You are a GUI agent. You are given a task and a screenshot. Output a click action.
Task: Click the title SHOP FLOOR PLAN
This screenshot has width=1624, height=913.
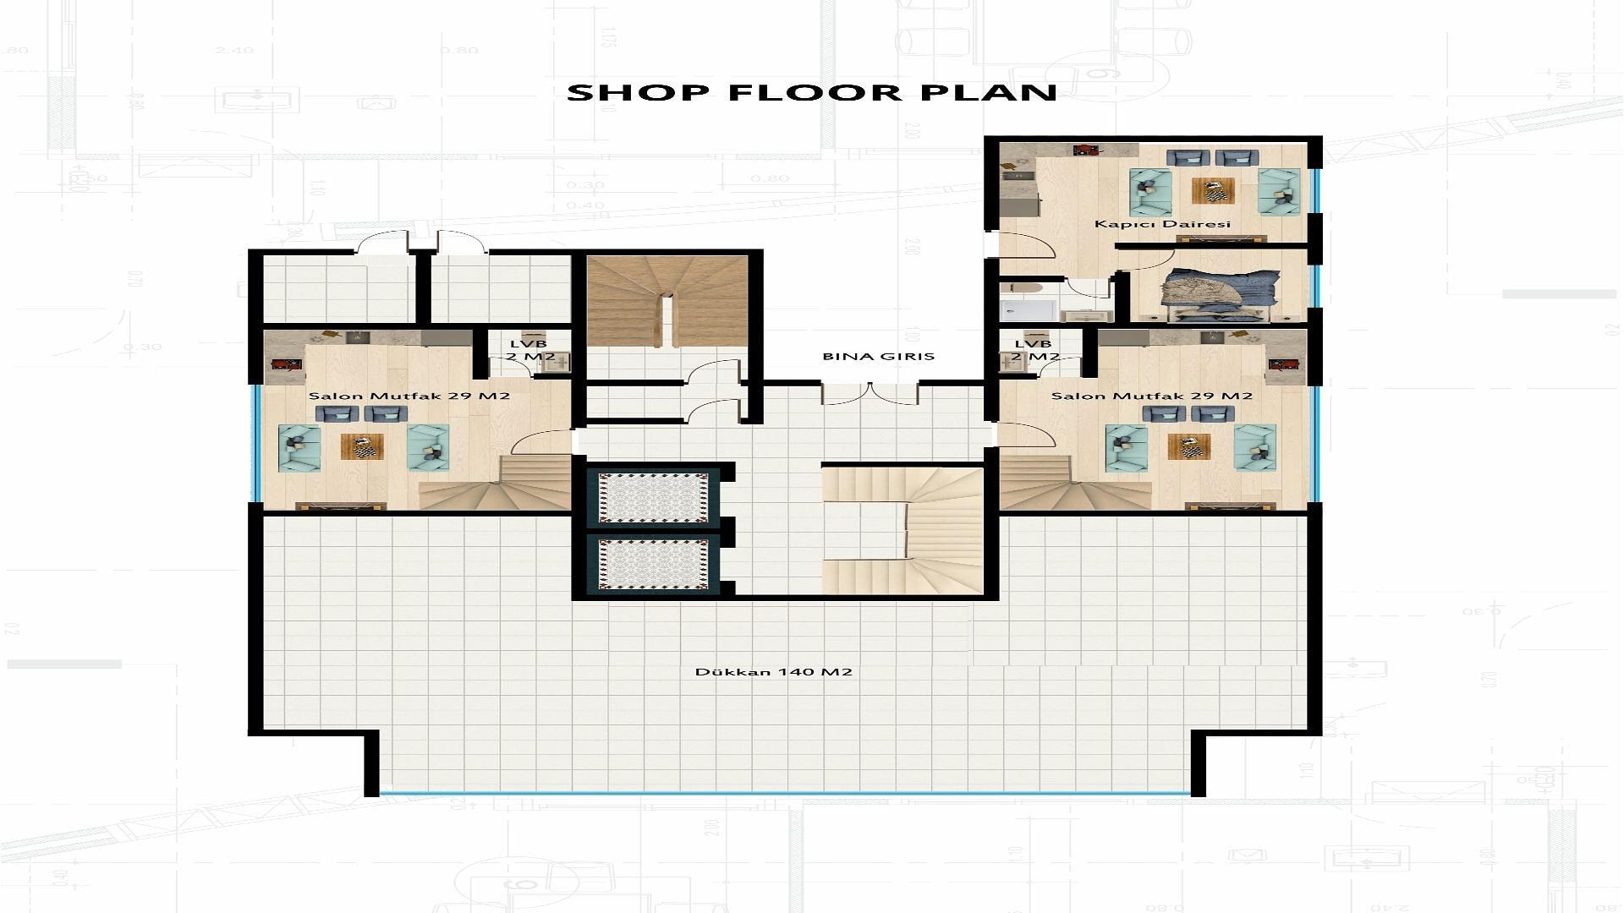click(812, 92)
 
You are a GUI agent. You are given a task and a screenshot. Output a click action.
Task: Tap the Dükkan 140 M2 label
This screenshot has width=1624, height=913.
click(773, 672)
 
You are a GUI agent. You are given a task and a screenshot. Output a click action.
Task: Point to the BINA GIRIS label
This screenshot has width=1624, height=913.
click(879, 357)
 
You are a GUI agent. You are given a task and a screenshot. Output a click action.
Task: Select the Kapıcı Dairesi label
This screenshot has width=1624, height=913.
click(1162, 224)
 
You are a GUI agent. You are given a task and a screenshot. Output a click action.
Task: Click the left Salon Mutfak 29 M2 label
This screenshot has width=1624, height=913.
click(409, 396)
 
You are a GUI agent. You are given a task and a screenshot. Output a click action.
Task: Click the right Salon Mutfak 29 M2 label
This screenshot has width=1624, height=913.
click(1152, 396)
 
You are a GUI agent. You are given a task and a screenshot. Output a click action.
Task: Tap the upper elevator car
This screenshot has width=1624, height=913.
click(654, 497)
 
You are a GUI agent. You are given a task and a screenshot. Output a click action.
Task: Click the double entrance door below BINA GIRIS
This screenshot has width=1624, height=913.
click(870, 393)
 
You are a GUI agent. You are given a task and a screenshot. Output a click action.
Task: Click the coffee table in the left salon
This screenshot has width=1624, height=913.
click(362, 446)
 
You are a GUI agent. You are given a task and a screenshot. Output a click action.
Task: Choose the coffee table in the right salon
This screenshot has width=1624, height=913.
click(1189, 446)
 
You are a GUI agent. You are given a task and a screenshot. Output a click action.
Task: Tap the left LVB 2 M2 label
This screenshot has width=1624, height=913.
click(531, 350)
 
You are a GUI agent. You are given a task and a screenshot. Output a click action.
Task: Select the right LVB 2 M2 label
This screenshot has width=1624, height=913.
click(1034, 350)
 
